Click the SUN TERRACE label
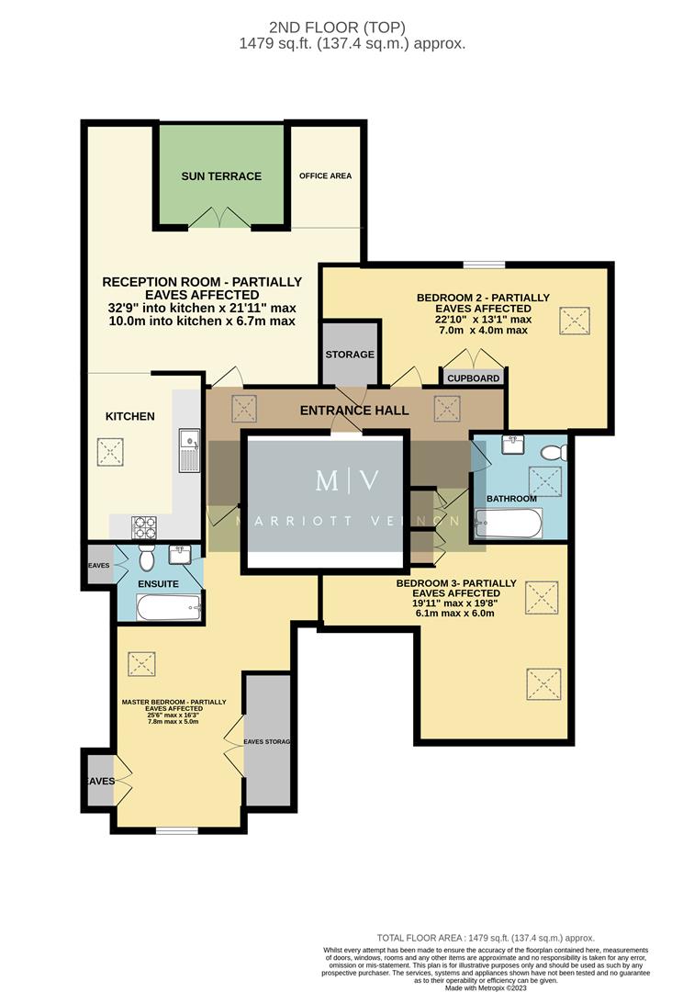221,176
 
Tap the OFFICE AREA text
325,175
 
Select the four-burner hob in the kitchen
146,527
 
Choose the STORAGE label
350,355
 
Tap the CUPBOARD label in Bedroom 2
474,378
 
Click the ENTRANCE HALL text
353,411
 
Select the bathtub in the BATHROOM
509,524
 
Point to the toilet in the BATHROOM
550,452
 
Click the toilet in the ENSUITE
146,559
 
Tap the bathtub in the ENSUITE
167,606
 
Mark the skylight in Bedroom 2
575,321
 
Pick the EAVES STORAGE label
266,742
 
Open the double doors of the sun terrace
219,218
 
